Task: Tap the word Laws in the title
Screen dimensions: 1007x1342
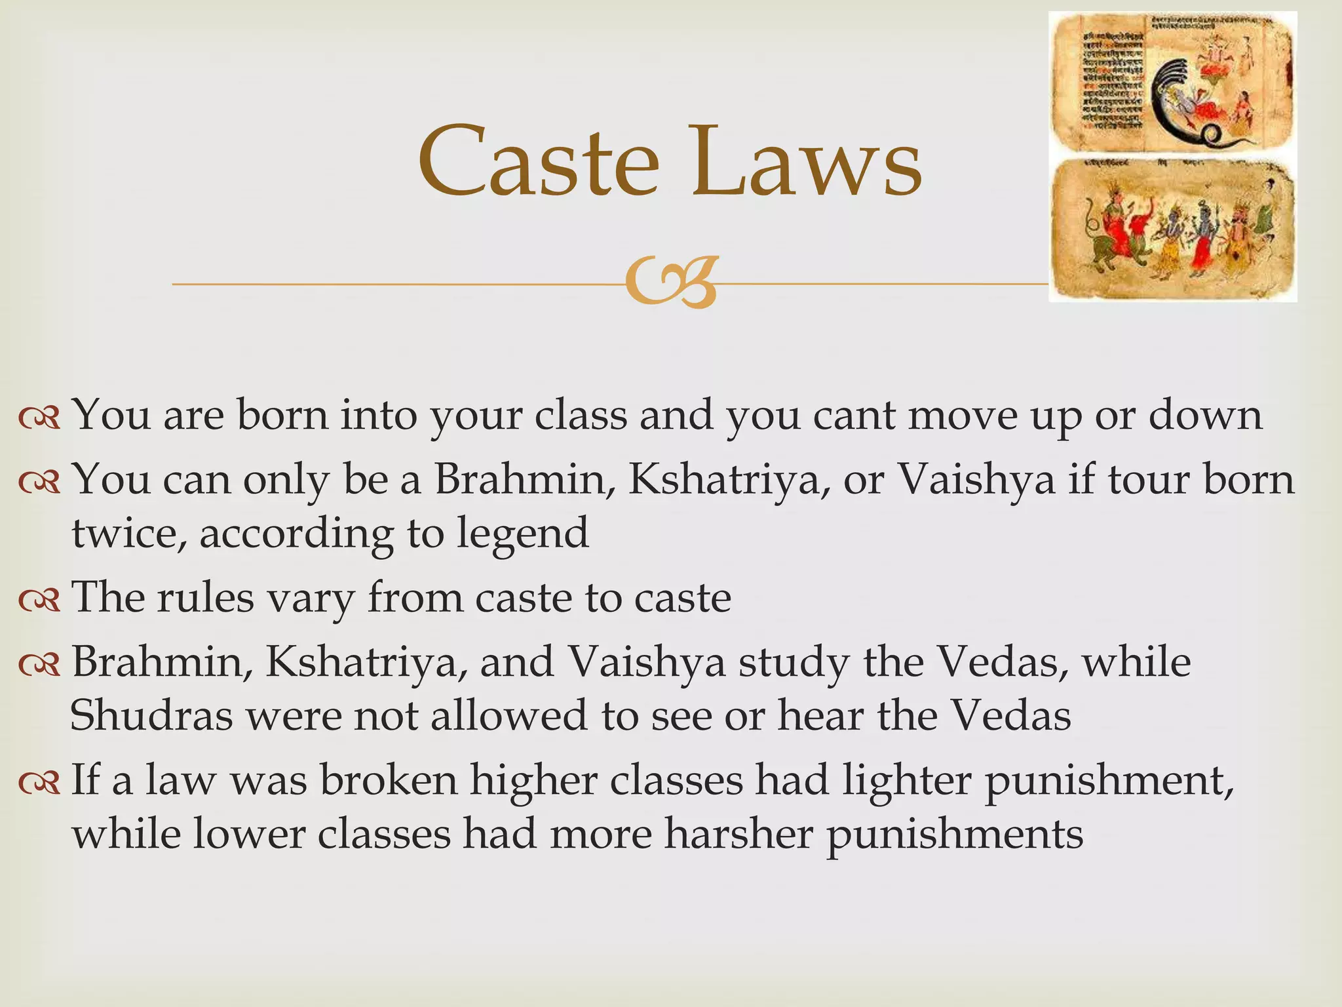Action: click(x=807, y=163)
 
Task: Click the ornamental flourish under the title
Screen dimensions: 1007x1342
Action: click(x=670, y=283)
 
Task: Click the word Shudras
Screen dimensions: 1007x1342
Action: click(x=151, y=715)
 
